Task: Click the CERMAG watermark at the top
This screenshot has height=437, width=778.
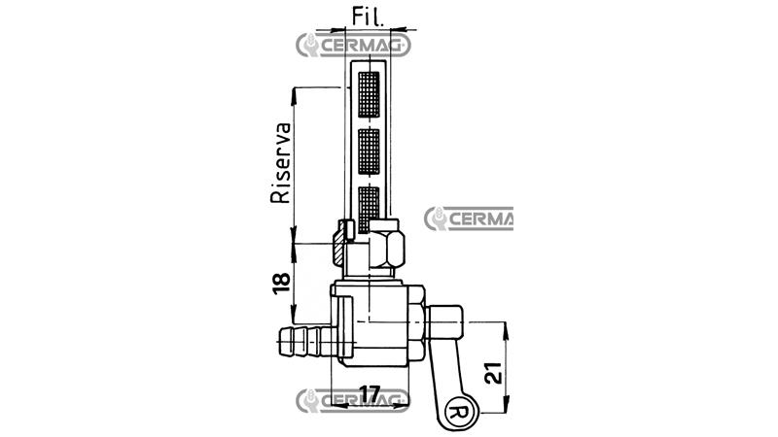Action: (349, 45)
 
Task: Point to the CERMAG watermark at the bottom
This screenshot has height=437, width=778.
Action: (351, 398)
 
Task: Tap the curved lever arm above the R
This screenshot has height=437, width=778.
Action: (437, 373)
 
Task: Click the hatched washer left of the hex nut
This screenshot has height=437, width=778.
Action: (338, 244)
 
